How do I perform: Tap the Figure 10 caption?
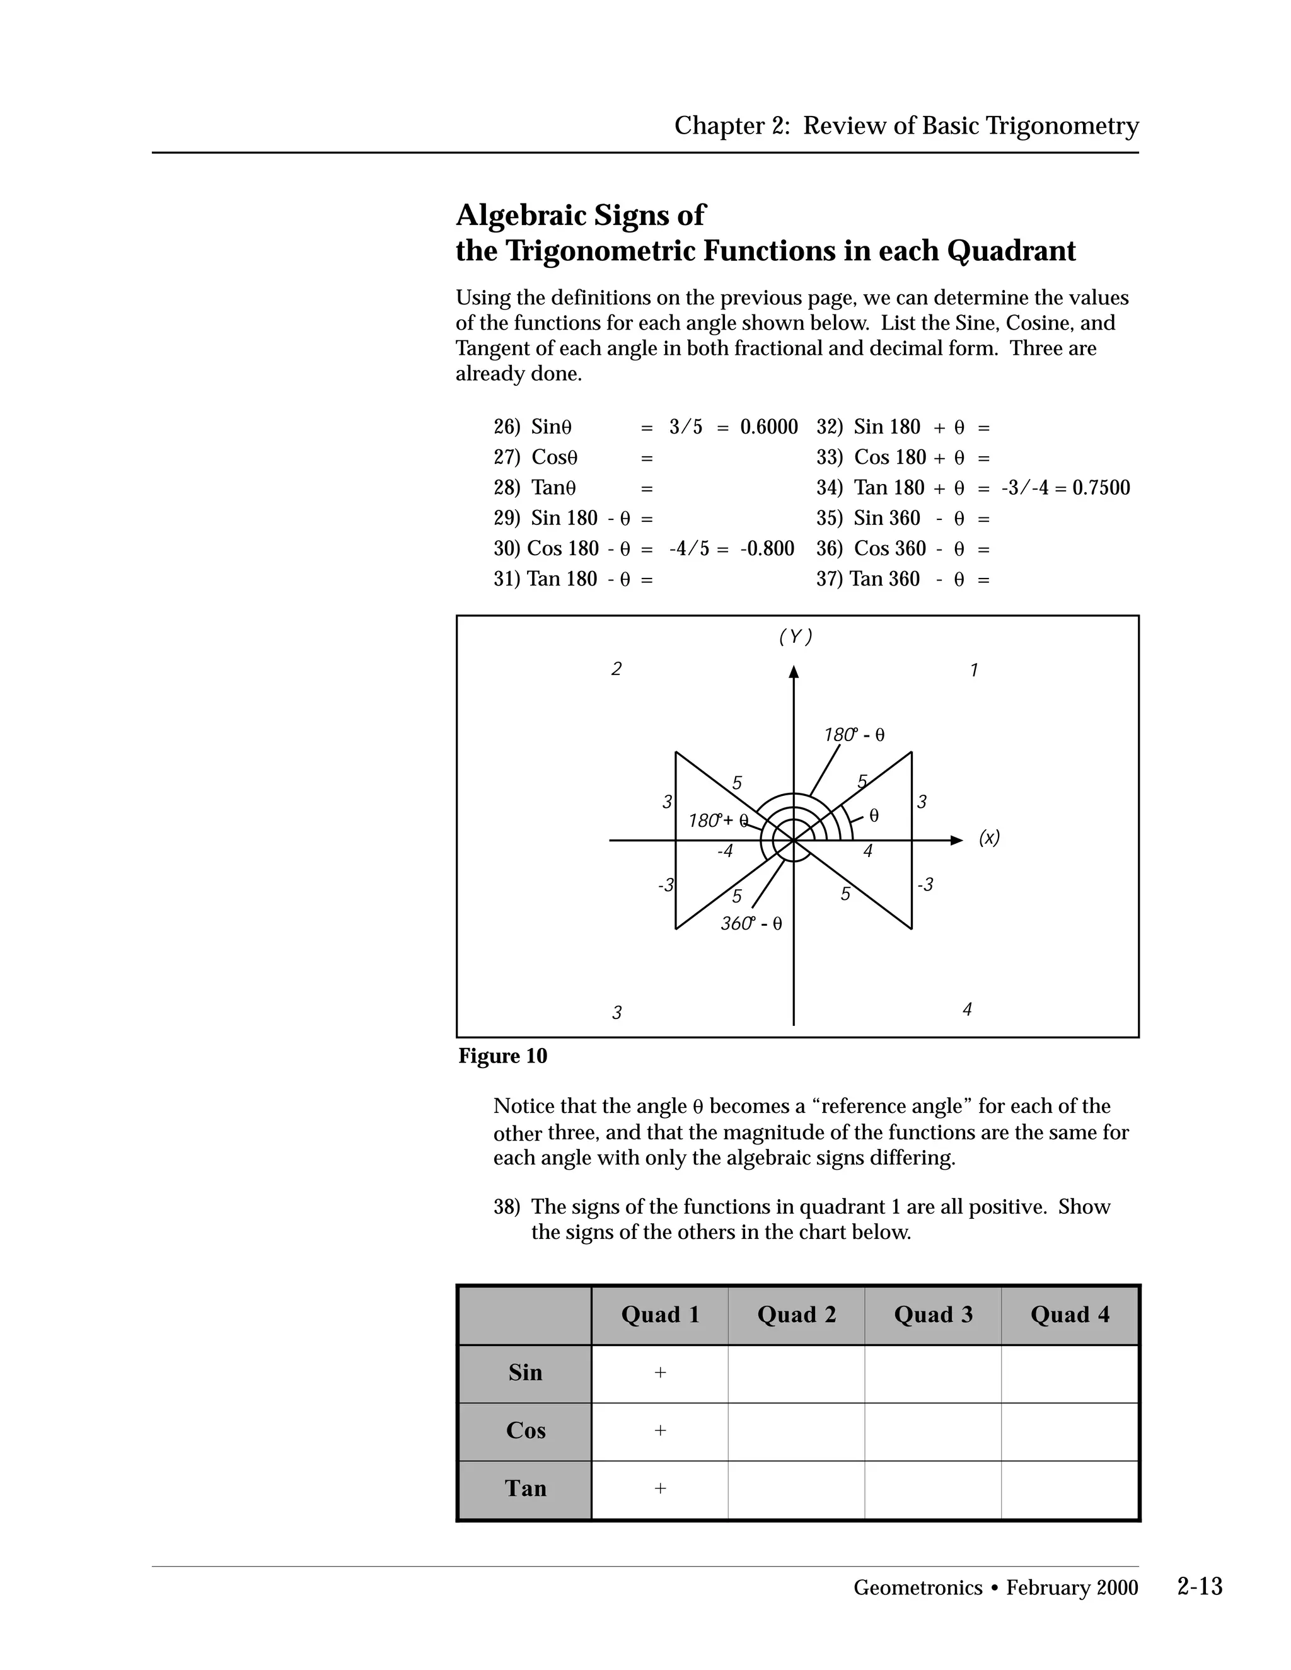tap(502, 1056)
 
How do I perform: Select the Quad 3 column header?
tap(933, 1315)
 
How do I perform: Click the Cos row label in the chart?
tap(526, 1430)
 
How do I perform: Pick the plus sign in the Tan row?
tap(660, 1488)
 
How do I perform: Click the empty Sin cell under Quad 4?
tap(1069, 1373)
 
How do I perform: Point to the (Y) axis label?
tap(796, 636)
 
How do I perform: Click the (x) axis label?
tap(989, 838)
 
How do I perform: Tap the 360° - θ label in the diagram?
tap(751, 924)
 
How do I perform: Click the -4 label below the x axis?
tap(724, 851)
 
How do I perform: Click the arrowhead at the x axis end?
tap(956, 840)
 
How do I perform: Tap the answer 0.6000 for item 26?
tap(768, 427)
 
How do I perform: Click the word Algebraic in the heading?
tap(521, 215)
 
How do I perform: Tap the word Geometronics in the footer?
tap(917, 1587)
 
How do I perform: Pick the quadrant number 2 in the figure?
tap(617, 669)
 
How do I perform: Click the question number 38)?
tap(506, 1207)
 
